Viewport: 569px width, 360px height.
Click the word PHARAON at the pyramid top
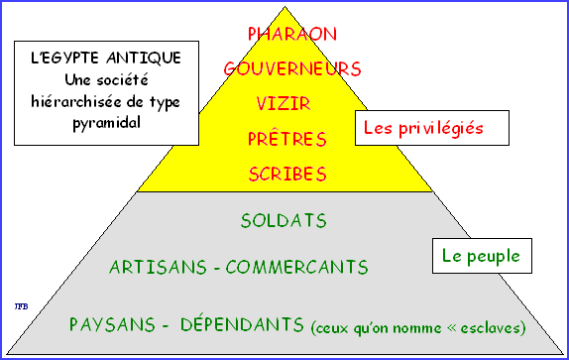[291, 34]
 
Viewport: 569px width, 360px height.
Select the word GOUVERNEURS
[291, 68]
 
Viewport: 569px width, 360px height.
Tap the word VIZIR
[287, 104]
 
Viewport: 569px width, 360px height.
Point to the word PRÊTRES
[286, 139]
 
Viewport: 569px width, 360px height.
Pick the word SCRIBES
[286, 175]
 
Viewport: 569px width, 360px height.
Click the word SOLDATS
[284, 218]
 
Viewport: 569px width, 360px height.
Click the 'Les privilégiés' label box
[432, 128]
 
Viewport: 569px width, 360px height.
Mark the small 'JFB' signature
[19, 303]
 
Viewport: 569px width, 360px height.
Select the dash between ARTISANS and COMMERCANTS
[217, 268]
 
